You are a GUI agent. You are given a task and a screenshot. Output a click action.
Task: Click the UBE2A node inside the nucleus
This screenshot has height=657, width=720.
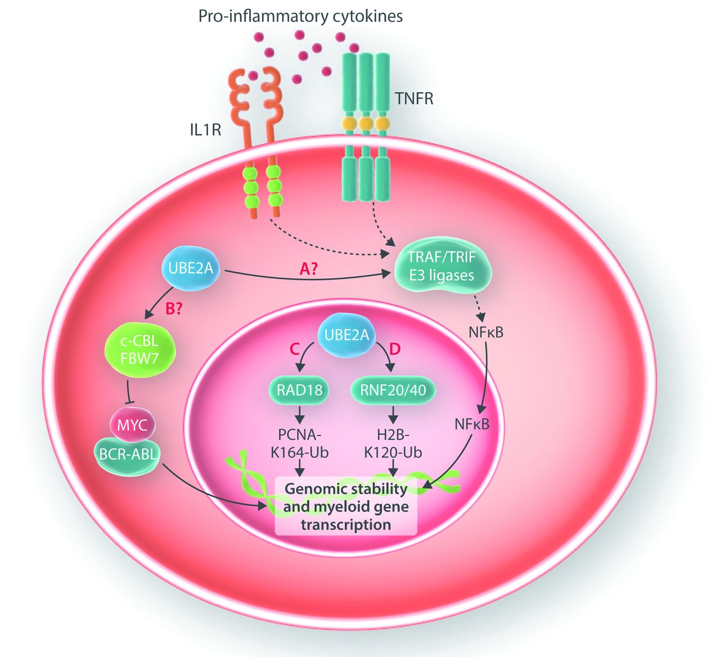(x=346, y=336)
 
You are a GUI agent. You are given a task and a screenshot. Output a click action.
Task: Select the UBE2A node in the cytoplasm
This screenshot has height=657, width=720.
(x=191, y=268)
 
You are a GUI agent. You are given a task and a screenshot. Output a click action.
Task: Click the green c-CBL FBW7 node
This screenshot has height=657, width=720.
(x=139, y=349)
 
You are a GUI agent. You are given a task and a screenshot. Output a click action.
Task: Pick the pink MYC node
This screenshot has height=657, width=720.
(x=132, y=425)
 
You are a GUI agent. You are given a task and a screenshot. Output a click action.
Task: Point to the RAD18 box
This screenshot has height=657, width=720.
(x=300, y=390)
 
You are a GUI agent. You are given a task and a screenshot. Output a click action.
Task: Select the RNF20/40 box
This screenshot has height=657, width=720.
(x=393, y=390)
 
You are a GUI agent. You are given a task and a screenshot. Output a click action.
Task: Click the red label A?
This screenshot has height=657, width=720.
(x=308, y=269)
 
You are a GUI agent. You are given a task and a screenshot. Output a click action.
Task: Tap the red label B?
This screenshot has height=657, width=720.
(x=173, y=309)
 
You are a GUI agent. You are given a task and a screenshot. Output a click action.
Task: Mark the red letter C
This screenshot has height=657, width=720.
(x=294, y=349)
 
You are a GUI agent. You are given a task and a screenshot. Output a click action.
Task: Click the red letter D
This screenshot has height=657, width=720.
(x=395, y=349)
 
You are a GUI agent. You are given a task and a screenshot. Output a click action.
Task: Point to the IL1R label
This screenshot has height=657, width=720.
(x=205, y=130)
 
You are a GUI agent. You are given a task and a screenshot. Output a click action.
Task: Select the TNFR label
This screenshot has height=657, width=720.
(x=414, y=99)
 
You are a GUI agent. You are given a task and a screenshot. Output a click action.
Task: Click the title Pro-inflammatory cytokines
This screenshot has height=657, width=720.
(x=300, y=16)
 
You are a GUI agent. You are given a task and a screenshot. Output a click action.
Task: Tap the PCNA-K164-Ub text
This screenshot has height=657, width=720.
(x=300, y=444)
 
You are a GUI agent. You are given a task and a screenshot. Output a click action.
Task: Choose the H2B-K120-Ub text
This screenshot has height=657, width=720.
(x=393, y=444)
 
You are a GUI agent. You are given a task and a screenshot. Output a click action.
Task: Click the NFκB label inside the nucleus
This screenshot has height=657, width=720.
(x=472, y=424)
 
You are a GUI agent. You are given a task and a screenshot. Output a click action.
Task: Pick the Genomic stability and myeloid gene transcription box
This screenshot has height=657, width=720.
(x=345, y=506)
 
